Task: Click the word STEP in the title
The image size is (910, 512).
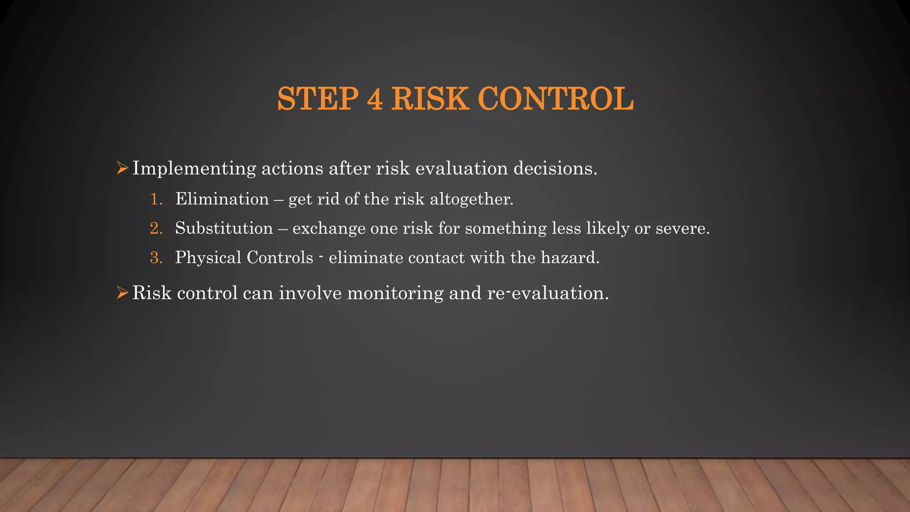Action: coord(318,99)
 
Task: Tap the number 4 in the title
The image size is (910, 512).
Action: coord(375,99)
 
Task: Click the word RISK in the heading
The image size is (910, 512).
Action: coord(430,99)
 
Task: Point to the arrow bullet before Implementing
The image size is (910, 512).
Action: coord(122,168)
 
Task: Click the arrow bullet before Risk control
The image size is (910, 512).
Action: coord(122,292)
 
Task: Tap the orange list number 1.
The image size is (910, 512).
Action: coord(156,199)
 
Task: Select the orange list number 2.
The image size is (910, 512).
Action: coord(156,228)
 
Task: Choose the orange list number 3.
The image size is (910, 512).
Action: coord(156,257)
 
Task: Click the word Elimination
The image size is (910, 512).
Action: coord(222,199)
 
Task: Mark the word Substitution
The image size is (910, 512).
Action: coord(224,228)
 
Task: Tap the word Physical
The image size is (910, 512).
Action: coord(208,258)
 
